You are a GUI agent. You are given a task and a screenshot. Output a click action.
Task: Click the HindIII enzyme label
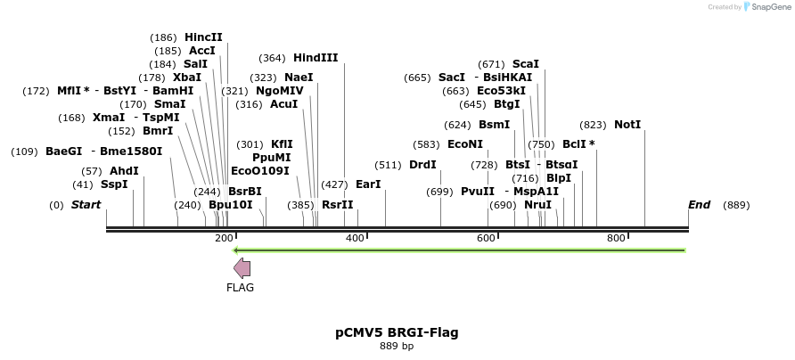tap(316, 58)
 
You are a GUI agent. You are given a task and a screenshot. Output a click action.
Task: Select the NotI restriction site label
tap(627, 125)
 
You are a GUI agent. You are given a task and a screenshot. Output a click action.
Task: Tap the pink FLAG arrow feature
tap(242, 268)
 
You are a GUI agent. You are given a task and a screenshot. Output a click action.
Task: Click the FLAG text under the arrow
tap(241, 288)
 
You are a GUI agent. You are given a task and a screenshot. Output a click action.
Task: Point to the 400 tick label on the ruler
tap(355, 239)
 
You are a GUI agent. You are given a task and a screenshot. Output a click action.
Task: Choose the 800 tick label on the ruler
tap(616, 239)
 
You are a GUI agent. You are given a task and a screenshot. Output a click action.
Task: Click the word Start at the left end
tap(86, 205)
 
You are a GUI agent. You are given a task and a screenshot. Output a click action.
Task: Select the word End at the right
tap(700, 205)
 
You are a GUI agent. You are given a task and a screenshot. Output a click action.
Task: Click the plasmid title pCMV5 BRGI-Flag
tap(397, 332)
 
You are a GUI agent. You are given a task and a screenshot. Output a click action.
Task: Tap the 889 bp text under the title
tap(397, 346)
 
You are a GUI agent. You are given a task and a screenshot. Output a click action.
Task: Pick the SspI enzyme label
tap(114, 184)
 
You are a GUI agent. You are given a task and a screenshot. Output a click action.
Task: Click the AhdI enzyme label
tap(124, 170)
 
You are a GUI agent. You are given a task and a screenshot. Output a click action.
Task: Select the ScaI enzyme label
tap(526, 64)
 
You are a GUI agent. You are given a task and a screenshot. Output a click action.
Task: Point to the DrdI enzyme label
tap(422, 165)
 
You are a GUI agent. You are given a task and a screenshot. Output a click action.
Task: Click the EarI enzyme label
tap(368, 184)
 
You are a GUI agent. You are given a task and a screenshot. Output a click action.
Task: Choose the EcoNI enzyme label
tap(465, 144)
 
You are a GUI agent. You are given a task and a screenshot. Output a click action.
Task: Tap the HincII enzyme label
tap(203, 37)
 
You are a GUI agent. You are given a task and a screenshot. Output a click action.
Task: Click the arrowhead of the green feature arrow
tap(237, 250)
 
